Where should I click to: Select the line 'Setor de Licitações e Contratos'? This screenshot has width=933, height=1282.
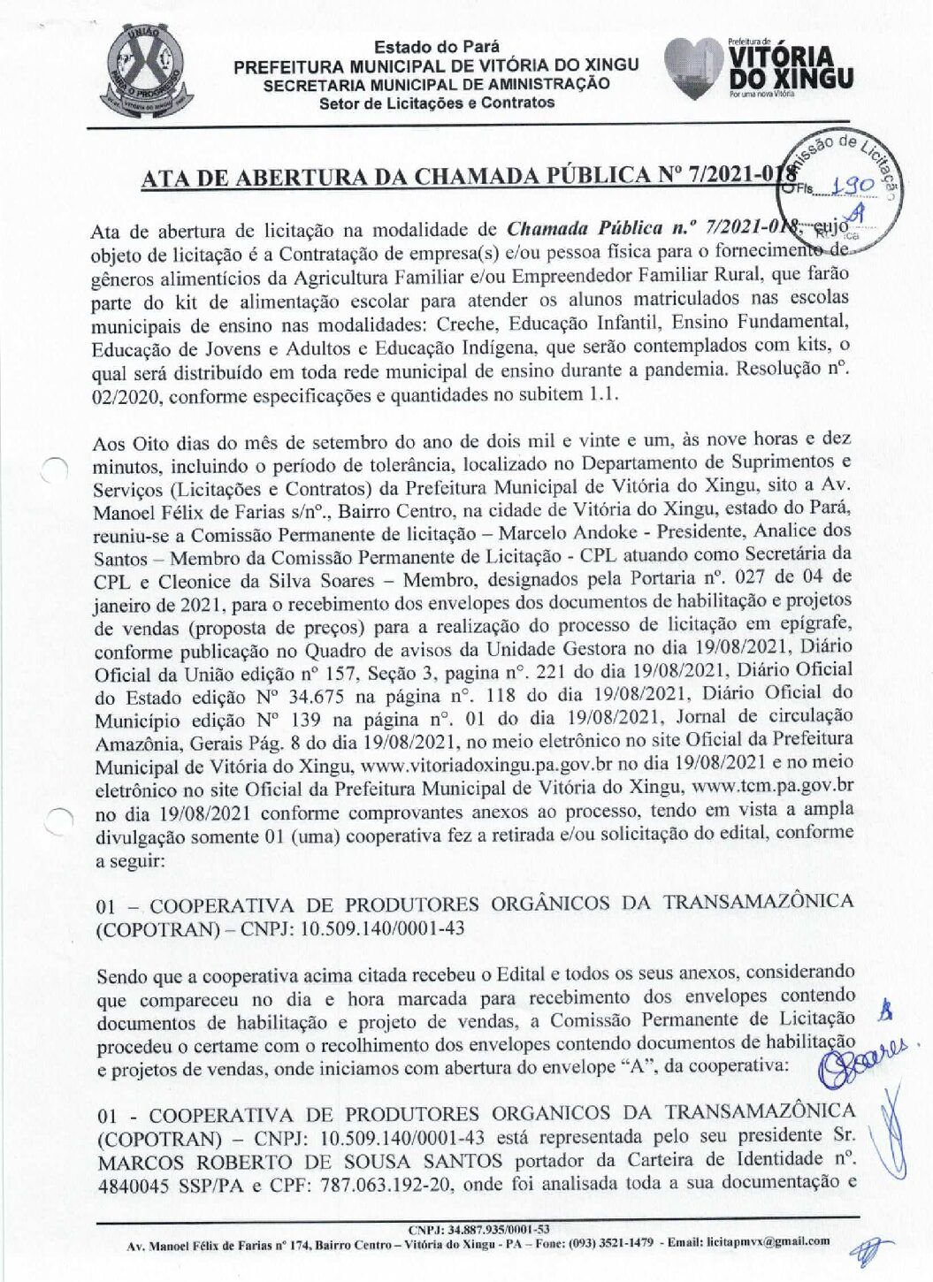436,103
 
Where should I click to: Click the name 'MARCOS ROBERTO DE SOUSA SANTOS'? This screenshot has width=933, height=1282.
300,1161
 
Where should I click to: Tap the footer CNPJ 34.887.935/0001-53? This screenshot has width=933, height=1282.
478,1229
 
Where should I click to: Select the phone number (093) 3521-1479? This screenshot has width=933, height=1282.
611,1242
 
